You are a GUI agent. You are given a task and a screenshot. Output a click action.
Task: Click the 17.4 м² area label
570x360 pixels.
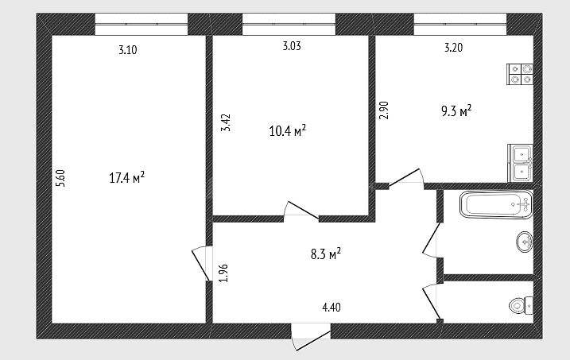point(127,178)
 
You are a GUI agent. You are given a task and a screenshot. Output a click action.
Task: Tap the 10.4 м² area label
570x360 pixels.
point(287,130)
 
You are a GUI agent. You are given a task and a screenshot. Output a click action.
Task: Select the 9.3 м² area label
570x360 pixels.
point(456,110)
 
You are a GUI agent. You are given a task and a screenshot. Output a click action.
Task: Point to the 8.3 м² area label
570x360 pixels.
point(326,254)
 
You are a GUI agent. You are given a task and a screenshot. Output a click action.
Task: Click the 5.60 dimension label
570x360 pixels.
point(60,178)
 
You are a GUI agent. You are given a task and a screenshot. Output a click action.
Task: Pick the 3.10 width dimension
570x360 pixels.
point(128,50)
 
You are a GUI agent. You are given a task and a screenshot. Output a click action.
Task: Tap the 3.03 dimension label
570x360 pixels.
point(292,46)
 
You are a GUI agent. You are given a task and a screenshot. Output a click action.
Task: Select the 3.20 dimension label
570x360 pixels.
point(454,48)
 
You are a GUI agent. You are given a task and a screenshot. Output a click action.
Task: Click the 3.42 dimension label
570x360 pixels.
point(226,123)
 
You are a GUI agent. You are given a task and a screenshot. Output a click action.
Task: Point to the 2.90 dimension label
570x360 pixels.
point(384,110)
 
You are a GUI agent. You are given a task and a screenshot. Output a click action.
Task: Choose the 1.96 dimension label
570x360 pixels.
point(223,273)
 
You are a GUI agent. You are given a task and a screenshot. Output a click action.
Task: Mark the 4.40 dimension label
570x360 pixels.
point(332,308)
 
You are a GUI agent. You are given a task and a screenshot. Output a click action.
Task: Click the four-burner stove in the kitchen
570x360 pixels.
point(520,74)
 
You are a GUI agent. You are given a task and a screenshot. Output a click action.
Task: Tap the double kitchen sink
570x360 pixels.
point(521,163)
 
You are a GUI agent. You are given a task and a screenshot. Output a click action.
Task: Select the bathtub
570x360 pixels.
point(496,204)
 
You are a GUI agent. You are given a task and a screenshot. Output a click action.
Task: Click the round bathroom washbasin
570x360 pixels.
point(525,242)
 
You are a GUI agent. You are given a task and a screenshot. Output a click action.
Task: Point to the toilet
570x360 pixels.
point(522,305)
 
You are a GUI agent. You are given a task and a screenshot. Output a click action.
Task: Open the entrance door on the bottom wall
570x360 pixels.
point(311,337)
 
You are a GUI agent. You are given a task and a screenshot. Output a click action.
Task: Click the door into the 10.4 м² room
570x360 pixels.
point(301,211)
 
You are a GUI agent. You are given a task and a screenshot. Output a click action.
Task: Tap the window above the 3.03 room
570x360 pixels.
point(289,25)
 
